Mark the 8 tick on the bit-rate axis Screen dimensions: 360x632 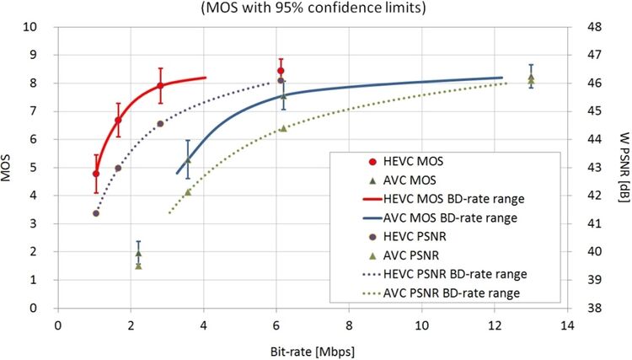(349, 325)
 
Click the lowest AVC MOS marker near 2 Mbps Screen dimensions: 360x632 (138, 265)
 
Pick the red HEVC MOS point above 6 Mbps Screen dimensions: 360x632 (281, 71)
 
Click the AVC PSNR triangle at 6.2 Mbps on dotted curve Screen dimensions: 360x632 (283, 128)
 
